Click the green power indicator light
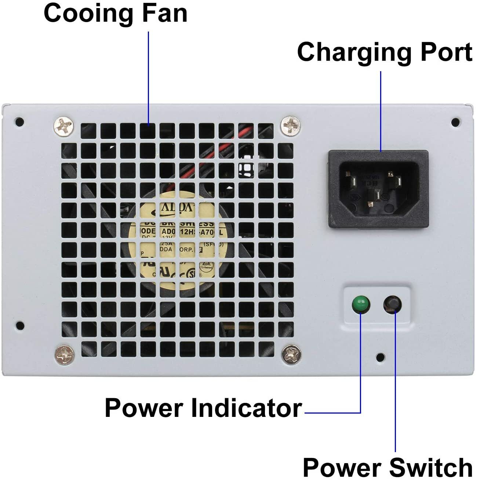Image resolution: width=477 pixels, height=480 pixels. (361, 304)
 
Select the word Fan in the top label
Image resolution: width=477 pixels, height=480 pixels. (165, 14)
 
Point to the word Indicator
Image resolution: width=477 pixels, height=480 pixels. (246, 408)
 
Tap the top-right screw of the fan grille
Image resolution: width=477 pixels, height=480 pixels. (290, 125)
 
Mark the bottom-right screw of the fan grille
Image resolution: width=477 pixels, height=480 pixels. (291, 354)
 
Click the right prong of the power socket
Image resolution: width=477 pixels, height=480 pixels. (397, 181)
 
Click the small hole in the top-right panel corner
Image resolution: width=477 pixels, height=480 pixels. (455, 121)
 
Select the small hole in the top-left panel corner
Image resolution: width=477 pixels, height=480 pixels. (20, 121)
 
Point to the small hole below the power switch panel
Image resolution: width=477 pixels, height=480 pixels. (381, 356)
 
